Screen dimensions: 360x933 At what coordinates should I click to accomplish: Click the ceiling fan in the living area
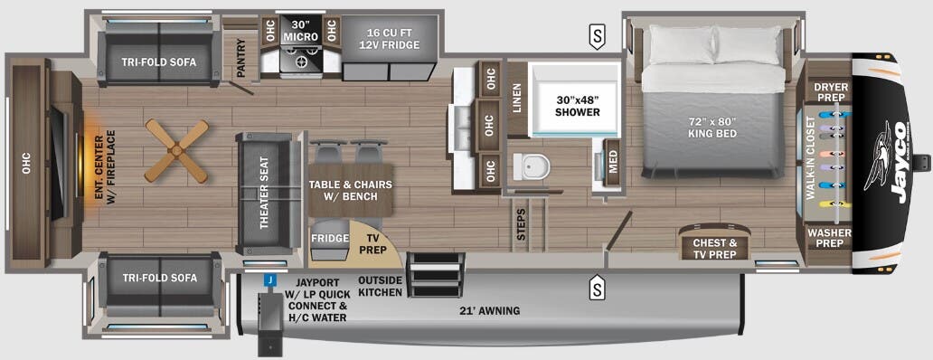pyautogui.click(x=176, y=149)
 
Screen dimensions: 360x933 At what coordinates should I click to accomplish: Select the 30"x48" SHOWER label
pyautogui.click(x=578, y=106)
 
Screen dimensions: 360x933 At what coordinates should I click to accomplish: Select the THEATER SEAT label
pyautogui.click(x=266, y=194)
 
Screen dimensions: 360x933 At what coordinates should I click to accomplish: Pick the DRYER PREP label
pyautogui.click(x=829, y=92)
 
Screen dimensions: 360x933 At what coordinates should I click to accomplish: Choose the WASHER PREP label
pyautogui.click(x=830, y=238)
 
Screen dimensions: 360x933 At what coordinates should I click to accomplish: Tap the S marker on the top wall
pyautogui.click(x=597, y=37)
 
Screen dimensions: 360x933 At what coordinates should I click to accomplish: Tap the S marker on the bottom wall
pyautogui.click(x=597, y=289)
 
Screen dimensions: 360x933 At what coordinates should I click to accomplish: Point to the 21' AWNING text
pyautogui.click(x=489, y=311)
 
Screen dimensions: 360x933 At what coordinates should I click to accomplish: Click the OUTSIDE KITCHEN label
pyautogui.click(x=380, y=286)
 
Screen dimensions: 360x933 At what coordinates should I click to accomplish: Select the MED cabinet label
pyautogui.click(x=613, y=161)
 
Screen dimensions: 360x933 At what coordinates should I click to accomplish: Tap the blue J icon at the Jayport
pyautogui.click(x=269, y=280)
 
